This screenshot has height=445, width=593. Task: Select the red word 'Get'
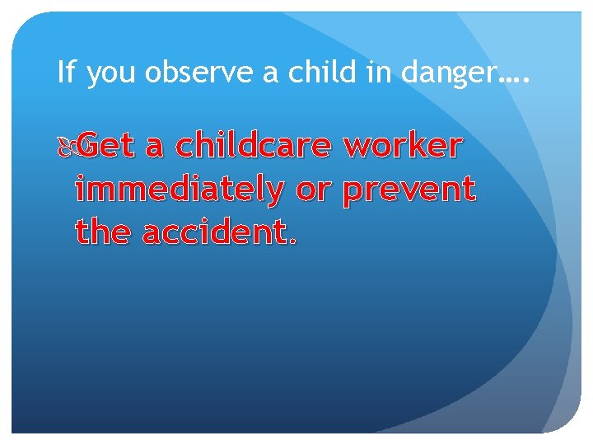point(107,146)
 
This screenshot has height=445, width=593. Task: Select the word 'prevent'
point(409,191)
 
